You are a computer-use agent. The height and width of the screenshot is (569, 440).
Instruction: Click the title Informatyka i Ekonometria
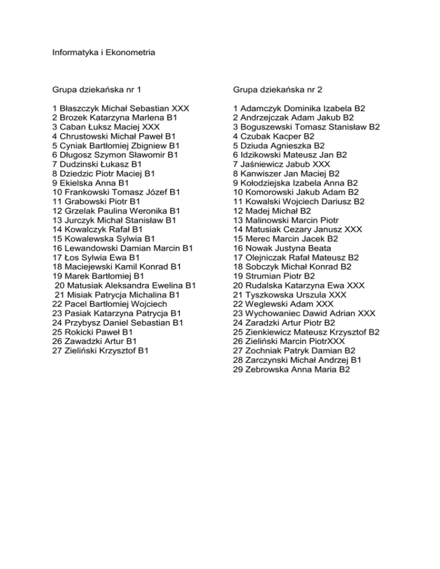pos(104,53)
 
